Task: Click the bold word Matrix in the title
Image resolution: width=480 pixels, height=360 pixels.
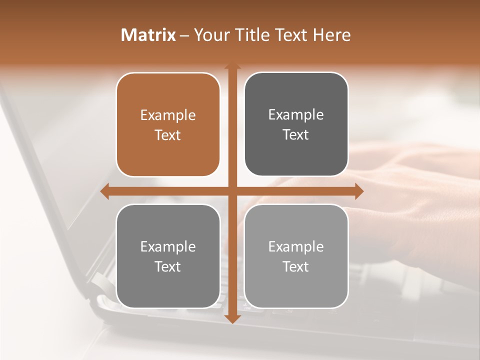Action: point(148,35)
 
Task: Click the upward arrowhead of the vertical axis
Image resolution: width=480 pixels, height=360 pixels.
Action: point(232,66)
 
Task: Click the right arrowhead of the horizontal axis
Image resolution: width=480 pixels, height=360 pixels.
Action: point(358,191)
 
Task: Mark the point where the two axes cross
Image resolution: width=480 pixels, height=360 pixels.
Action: point(232,191)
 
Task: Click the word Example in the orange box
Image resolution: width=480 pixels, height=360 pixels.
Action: point(168,115)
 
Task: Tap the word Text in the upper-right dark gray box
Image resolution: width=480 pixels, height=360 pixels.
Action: point(296,135)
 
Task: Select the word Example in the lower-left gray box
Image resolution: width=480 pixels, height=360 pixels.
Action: point(168,246)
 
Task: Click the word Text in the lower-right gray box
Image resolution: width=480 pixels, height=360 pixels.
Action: point(296,266)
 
